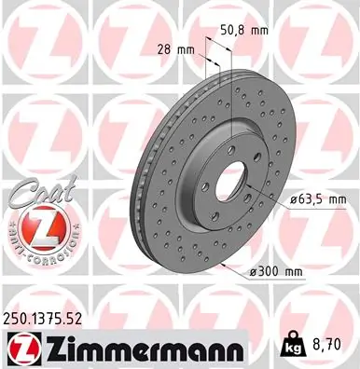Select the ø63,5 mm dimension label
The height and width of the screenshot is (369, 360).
[x=319, y=198]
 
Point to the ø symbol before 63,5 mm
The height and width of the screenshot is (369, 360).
[x=292, y=198]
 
